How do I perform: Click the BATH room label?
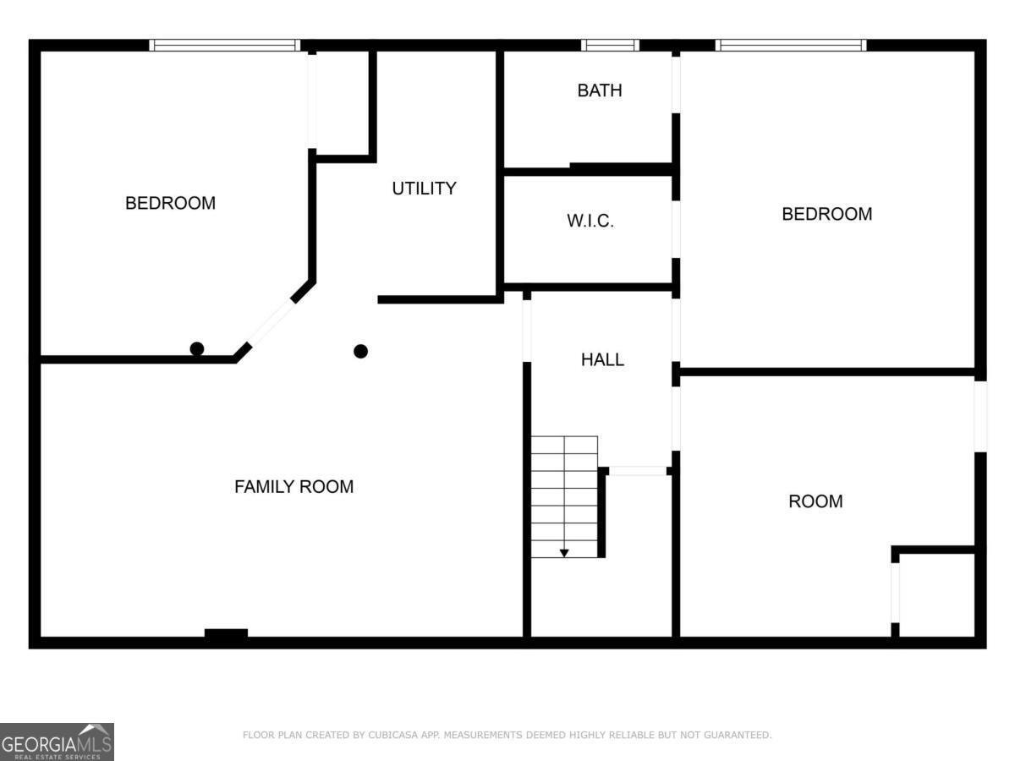(x=599, y=90)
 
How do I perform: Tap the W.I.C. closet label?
(x=590, y=222)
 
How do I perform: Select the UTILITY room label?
(x=424, y=189)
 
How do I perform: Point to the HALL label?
(x=602, y=359)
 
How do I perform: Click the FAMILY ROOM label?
(x=294, y=487)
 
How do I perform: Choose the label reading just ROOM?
(x=815, y=501)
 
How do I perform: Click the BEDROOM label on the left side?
(x=170, y=203)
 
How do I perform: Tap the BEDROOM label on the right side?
(x=826, y=214)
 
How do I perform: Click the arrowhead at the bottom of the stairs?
(x=564, y=553)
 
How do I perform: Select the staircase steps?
(x=564, y=495)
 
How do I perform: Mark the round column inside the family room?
(x=361, y=351)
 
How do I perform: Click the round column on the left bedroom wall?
(x=197, y=348)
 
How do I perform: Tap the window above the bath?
(x=610, y=45)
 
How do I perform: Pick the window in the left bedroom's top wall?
(x=225, y=45)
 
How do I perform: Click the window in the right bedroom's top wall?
(x=790, y=45)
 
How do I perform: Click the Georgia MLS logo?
(x=57, y=742)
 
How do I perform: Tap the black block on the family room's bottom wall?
(x=226, y=633)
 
